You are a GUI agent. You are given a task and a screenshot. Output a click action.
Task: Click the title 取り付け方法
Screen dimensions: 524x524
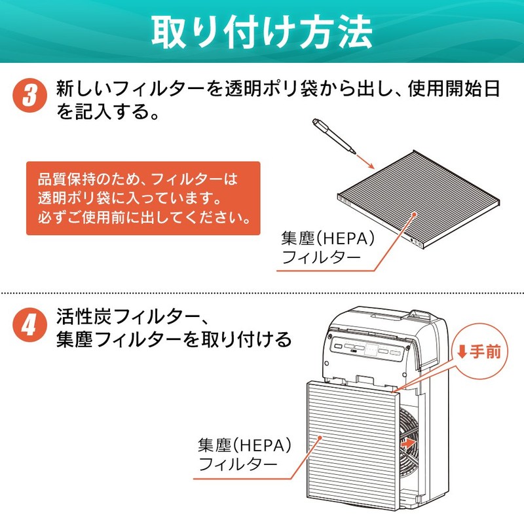click(262, 31)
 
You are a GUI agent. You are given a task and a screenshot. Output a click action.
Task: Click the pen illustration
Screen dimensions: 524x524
click(333, 134)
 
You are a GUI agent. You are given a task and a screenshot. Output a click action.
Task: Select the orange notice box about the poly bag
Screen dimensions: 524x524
click(143, 198)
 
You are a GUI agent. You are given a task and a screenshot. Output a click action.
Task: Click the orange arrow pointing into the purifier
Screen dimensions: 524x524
click(408, 443)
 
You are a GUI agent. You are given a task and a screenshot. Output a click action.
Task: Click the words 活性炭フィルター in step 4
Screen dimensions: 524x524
click(124, 318)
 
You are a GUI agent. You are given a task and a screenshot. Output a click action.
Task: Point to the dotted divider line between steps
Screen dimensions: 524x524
click(262, 292)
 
